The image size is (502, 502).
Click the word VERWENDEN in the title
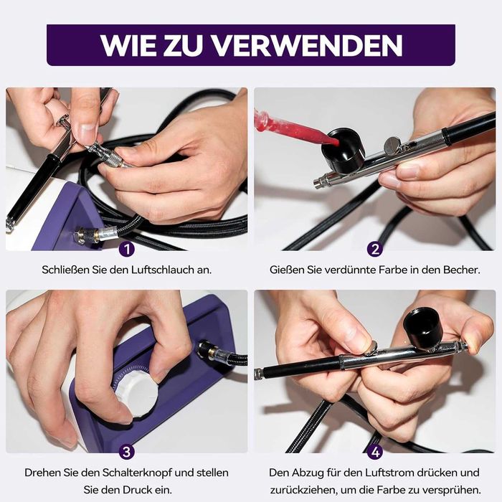(307, 45)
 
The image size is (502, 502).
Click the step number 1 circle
(127, 249)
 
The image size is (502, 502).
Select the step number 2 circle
(375, 249)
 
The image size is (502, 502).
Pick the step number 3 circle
(127, 451)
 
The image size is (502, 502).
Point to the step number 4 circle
(375, 452)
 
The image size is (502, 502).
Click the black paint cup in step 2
(344, 149)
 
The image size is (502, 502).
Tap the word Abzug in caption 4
(308, 473)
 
